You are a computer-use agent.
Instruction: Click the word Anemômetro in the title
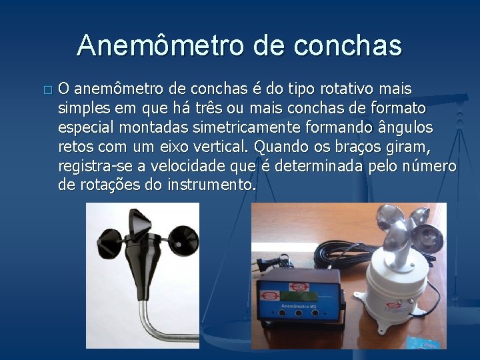tap(159, 45)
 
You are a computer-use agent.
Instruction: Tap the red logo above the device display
tap(270, 295)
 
